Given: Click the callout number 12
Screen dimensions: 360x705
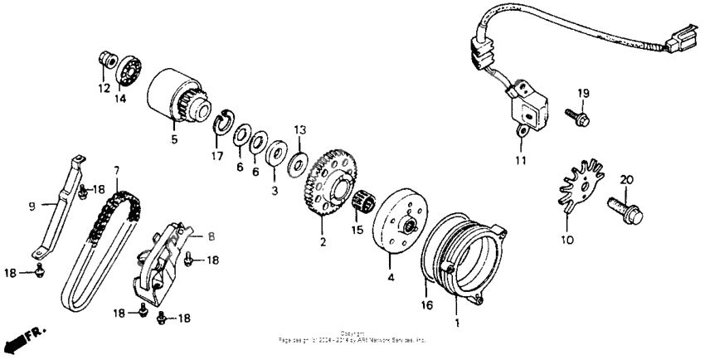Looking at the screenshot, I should [x=105, y=87].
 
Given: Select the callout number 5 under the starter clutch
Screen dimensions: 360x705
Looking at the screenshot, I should [x=174, y=139].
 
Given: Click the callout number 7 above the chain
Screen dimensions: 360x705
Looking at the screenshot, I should [x=117, y=170].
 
